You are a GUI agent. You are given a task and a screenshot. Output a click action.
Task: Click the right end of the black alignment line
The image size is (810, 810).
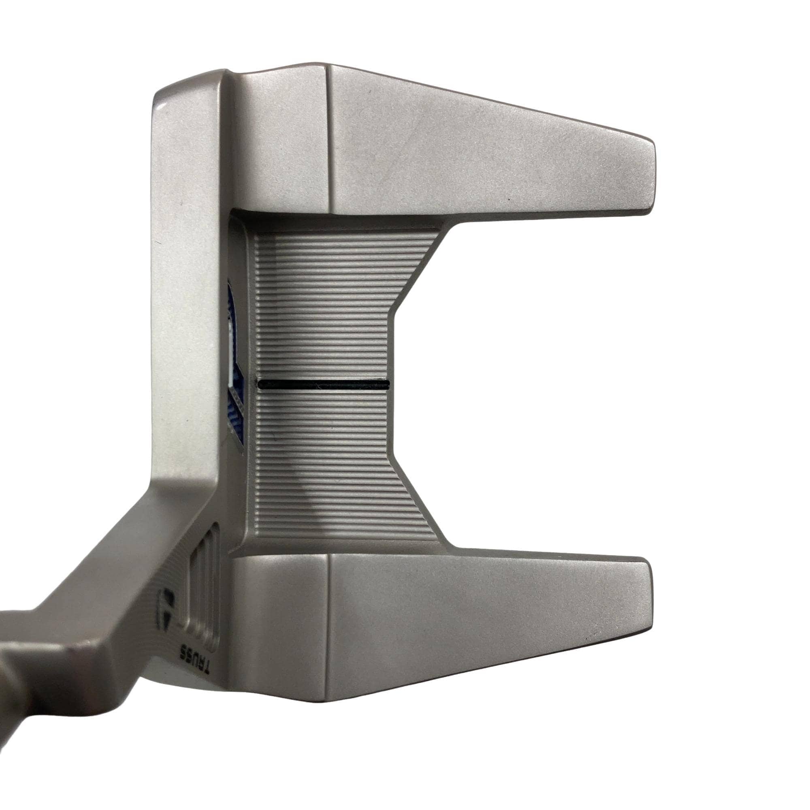389,383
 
